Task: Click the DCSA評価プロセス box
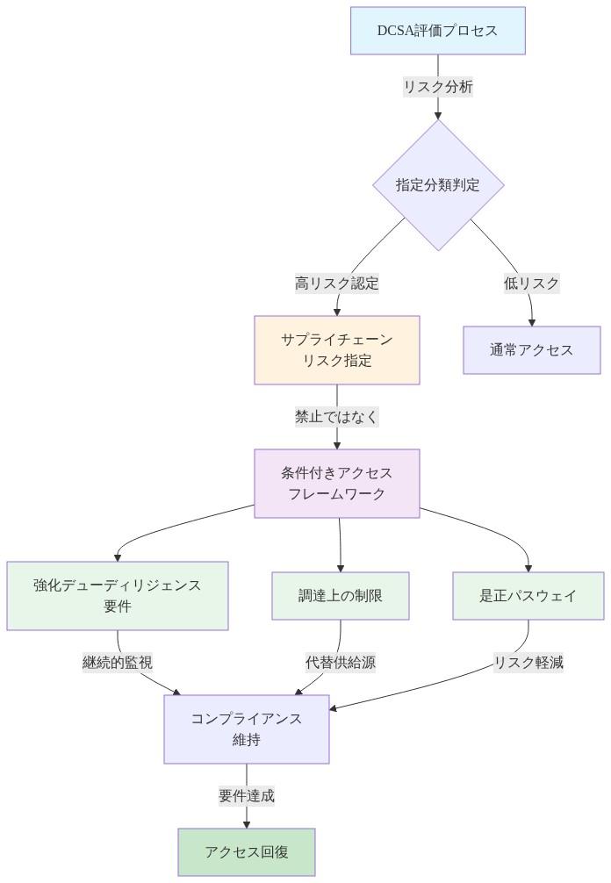point(437,31)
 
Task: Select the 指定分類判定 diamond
point(438,185)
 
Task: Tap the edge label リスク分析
point(438,87)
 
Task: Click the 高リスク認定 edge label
point(337,284)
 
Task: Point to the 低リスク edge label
point(531,284)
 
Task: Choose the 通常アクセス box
point(531,350)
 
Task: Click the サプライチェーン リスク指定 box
point(337,350)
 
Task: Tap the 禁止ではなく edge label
point(337,417)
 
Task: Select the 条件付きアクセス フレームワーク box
point(337,484)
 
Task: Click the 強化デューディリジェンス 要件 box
point(118,595)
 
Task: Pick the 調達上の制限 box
point(341,595)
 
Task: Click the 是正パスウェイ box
point(528,595)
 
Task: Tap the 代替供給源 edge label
point(340,662)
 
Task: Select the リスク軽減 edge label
point(528,662)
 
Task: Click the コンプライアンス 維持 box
point(247,729)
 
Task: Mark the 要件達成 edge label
point(247,796)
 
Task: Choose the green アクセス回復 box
point(247,851)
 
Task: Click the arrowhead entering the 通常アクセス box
point(531,321)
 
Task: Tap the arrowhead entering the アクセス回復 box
point(247,822)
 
